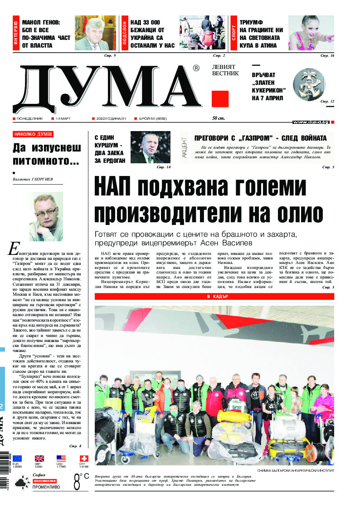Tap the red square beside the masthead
[x=220, y=99]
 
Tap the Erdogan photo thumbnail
[x=150, y=147]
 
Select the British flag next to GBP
[x=39, y=458]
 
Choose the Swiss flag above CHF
[x=83, y=458]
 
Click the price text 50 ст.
[x=219, y=118]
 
